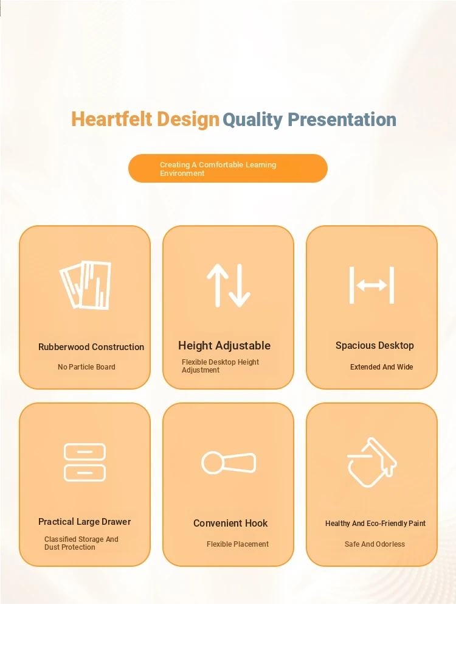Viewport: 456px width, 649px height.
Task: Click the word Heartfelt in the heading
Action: pyautogui.click(x=112, y=119)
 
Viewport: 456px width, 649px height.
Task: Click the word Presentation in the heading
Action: pyautogui.click(x=342, y=119)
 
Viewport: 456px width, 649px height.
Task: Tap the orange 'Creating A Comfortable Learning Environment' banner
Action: pyautogui.click(x=228, y=169)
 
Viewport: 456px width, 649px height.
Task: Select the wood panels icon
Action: pyautogui.click(x=86, y=285)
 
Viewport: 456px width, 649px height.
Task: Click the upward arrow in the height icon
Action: pyautogui.click(x=218, y=285)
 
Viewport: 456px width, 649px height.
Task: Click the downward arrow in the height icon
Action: pyautogui.click(x=240, y=285)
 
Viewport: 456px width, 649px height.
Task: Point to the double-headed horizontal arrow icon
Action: pyautogui.click(x=371, y=285)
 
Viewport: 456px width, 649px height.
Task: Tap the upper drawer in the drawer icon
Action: pyautogui.click(x=85, y=452)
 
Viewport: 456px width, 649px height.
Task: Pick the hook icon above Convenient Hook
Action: pyautogui.click(x=228, y=463)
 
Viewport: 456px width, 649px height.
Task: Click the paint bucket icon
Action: pyautogui.click(x=371, y=462)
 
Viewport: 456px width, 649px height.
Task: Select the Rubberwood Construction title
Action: pyautogui.click(x=91, y=347)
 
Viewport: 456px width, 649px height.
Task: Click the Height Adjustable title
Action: pyautogui.click(x=224, y=346)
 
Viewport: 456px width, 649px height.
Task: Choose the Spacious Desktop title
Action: pyautogui.click(x=375, y=346)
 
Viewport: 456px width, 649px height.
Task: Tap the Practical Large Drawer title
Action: pyautogui.click(x=85, y=522)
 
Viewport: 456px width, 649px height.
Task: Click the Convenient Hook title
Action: pyautogui.click(x=230, y=523)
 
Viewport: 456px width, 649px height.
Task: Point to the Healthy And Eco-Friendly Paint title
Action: pyautogui.click(x=375, y=524)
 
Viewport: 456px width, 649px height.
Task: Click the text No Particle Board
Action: pyautogui.click(x=86, y=367)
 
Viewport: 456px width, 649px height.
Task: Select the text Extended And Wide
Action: pyautogui.click(x=382, y=367)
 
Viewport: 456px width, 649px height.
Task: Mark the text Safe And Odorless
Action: pyautogui.click(x=375, y=544)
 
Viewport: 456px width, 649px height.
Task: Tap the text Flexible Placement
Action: pyautogui.click(x=238, y=544)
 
